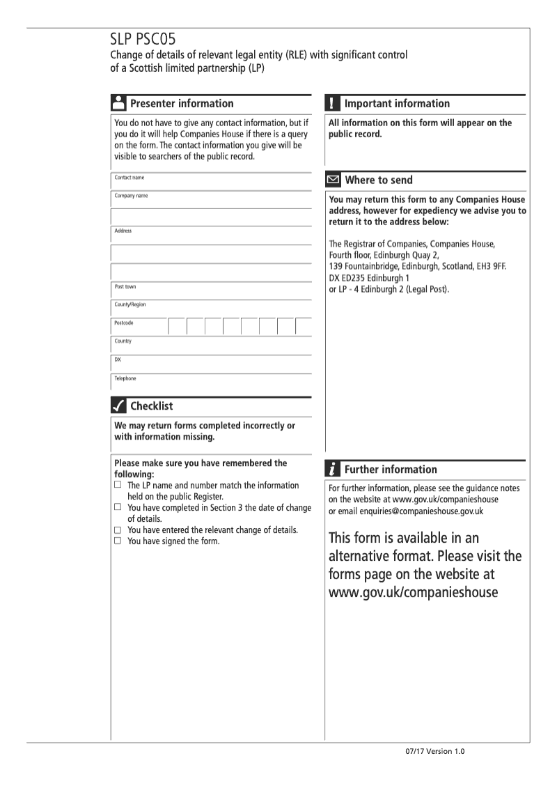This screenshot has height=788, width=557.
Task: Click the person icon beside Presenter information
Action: (x=118, y=103)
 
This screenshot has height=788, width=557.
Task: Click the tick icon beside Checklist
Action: (x=118, y=405)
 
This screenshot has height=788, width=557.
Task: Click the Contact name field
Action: (x=216, y=182)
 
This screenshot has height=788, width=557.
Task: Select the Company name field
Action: (x=216, y=200)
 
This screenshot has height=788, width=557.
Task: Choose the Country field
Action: (x=216, y=345)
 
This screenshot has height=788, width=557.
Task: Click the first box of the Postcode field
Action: (x=177, y=327)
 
